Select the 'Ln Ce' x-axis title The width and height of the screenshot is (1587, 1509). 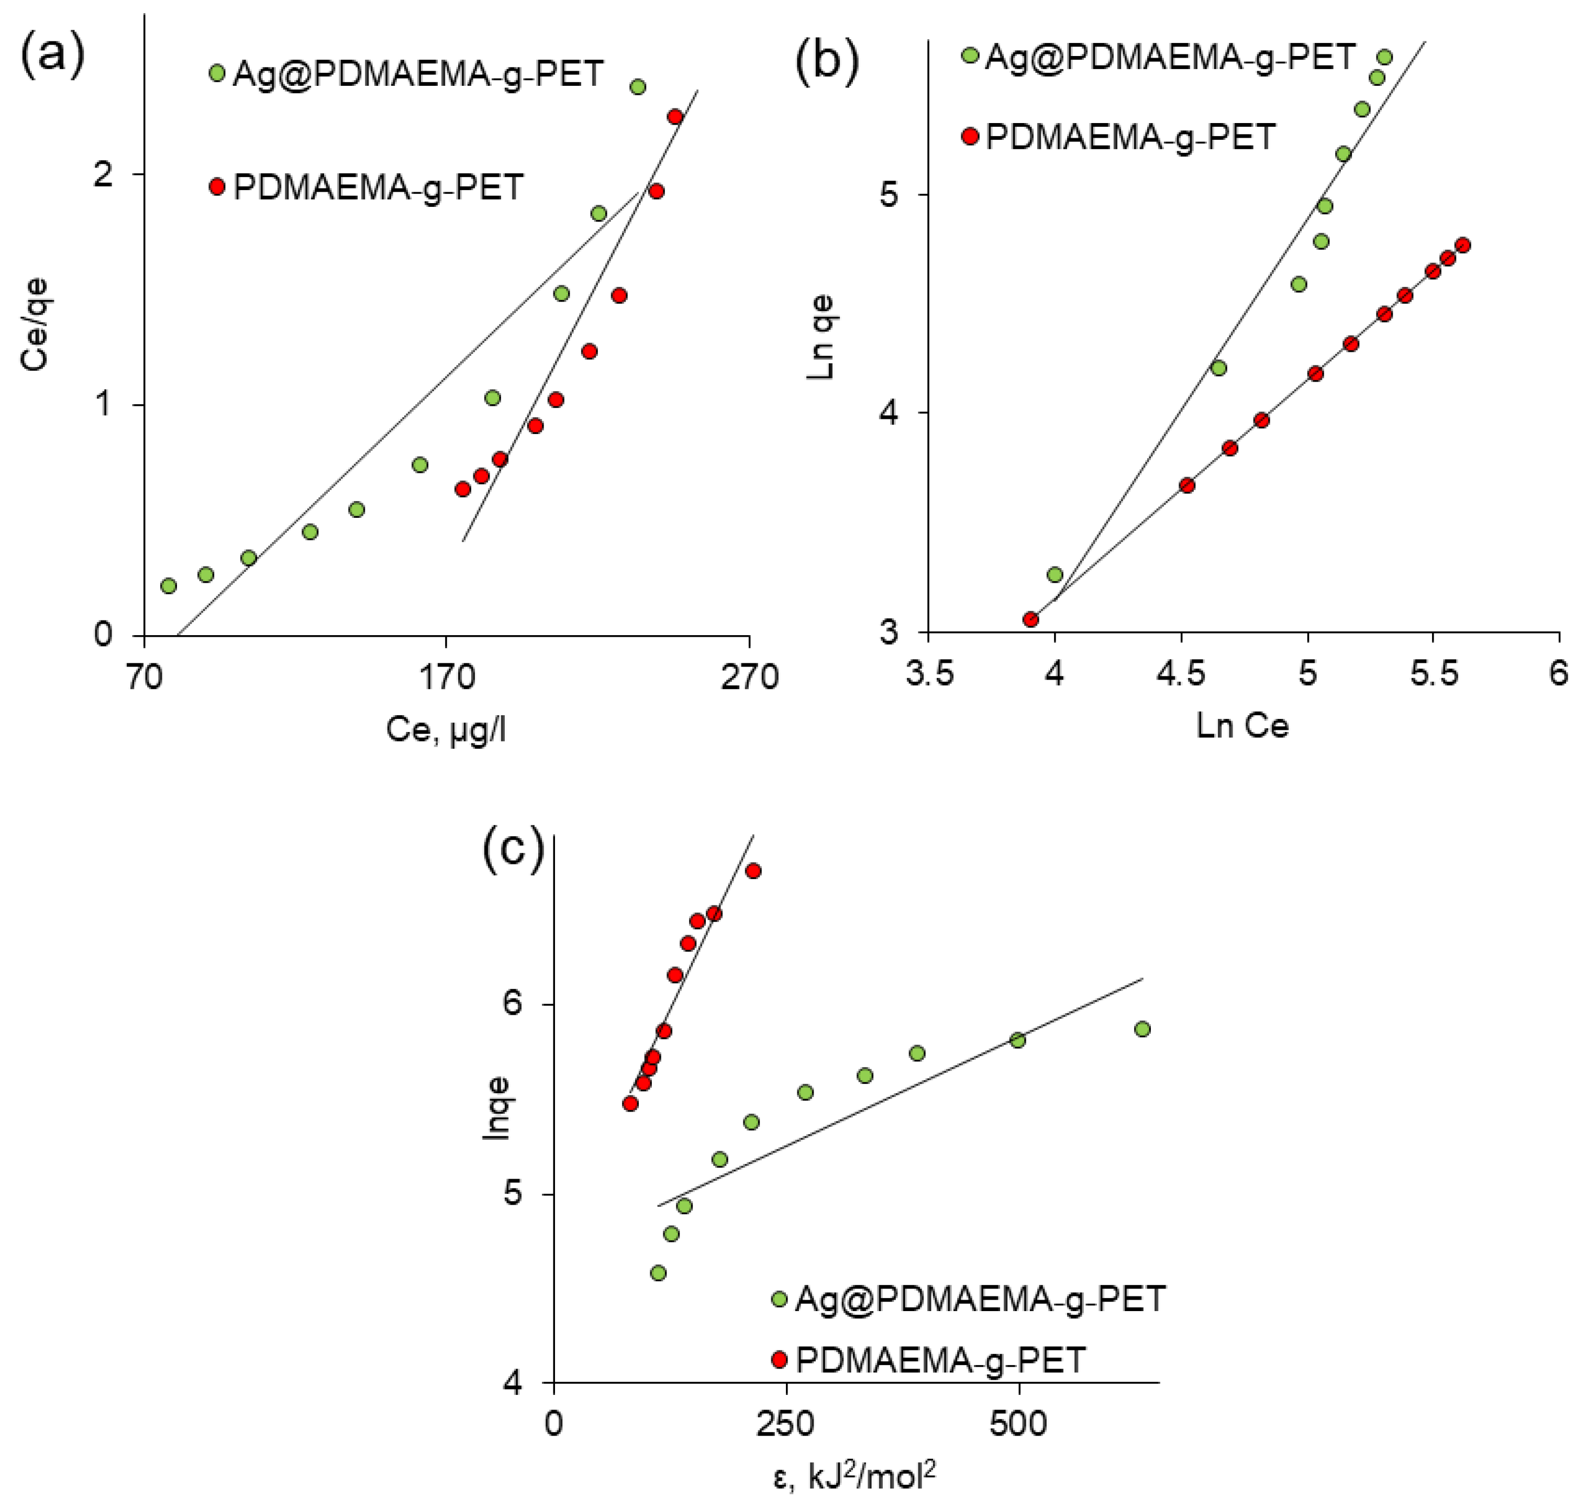(x=1242, y=726)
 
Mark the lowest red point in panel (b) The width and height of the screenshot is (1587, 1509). (x=1030, y=618)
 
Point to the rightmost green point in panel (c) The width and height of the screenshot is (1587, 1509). (x=1142, y=1029)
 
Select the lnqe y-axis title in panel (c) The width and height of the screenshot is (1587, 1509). (x=495, y=1107)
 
